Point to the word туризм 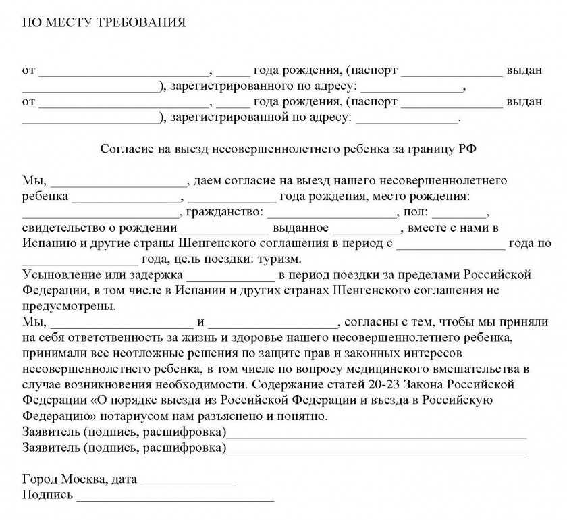coord(278,259)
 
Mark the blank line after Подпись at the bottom coord(175,498)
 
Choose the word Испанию coord(50,243)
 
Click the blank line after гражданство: coord(333,213)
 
